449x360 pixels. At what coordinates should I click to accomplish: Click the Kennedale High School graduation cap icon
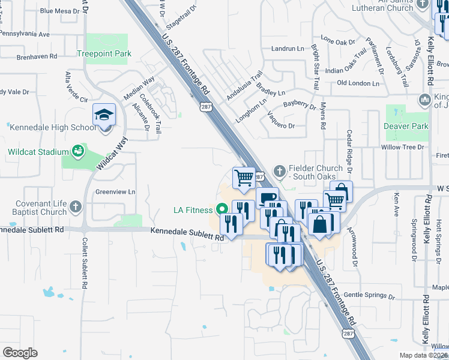pyautogui.click(x=104, y=114)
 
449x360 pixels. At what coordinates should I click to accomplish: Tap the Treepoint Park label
pyautogui.click(x=104, y=53)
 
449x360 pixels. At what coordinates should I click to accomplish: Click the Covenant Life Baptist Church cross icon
pyautogui.click(x=75, y=207)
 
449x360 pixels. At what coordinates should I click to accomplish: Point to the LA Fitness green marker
pyautogui.click(x=222, y=210)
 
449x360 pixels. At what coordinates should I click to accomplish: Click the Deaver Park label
pyautogui.click(x=406, y=126)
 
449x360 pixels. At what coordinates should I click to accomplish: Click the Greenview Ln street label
pyautogui.click(x=116, y=192)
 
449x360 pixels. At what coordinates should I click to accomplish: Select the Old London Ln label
pyautogui.click(x=360, y=83)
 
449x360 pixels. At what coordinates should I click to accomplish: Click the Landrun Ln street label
pyautogui.click(x=288, y=49)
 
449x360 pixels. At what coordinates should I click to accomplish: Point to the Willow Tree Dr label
pyautogui.click(x=403, y=147)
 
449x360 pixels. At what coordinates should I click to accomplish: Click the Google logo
pyautogui.click(x=20, y=353)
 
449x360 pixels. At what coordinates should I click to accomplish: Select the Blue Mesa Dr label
pyautogui.click(x=59, y=11)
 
